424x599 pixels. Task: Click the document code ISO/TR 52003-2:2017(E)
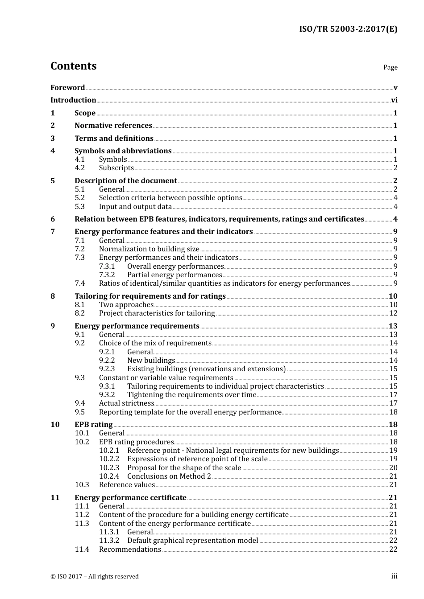[348, 29]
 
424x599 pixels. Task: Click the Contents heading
[73, 66]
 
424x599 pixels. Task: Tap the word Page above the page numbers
[390, 67]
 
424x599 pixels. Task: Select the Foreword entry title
[67, 87]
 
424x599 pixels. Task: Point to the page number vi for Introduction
[394, 100]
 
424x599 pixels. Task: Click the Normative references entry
[113, 126]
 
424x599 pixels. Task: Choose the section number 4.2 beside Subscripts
[79, 168]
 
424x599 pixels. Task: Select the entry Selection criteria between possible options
[170, 198]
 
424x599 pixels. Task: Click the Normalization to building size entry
[149, 249]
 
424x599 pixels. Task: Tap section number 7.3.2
[107, 275]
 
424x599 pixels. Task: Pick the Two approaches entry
[126, 305]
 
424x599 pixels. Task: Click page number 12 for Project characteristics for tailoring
[393, 313]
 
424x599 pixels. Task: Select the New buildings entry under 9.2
[151, 361]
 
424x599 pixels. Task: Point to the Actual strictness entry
[126, 403]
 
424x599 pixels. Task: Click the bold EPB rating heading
[93, 425]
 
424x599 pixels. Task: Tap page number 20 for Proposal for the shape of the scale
[393, 468]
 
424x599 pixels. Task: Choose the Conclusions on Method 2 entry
[169, 476]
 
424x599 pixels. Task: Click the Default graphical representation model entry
[192, 541]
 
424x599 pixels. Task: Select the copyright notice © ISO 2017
[95, 577]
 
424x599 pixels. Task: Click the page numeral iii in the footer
[394, 576]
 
